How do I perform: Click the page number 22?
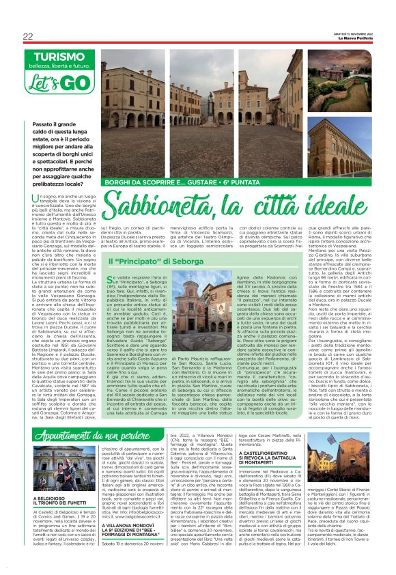tap(29, 36)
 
